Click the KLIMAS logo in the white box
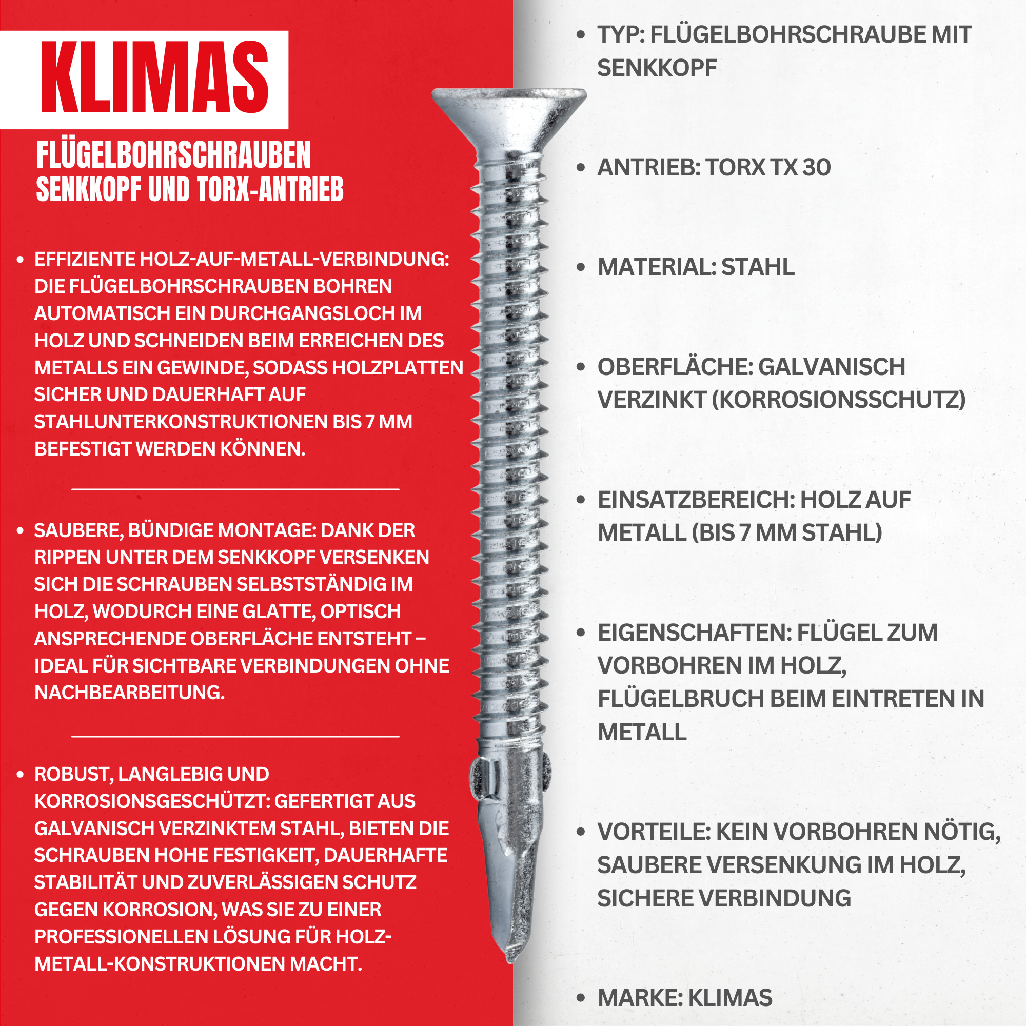(154, 77)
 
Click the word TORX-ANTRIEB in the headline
(270, 190)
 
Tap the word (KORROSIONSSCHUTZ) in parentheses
(839, 400)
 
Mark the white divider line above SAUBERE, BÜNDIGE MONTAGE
(235, 488)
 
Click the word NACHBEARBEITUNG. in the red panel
(130, 693)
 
